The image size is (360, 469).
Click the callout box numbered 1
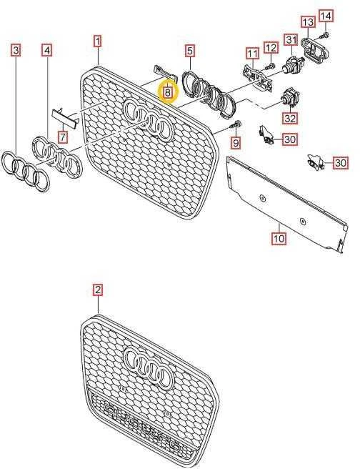pos(98,41)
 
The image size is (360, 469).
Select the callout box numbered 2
pos(98,290)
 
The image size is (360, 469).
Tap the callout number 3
pos(16,50)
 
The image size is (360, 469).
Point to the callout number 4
pos(47,50)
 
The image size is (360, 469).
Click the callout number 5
pos(190,51)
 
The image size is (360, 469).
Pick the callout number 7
pos(63,137)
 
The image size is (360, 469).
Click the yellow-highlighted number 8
pos(168,92)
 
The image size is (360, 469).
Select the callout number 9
pos(236,143)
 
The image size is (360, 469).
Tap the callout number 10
pos(279,238)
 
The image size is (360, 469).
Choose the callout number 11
pos(253,54)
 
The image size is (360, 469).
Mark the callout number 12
pos(271,48)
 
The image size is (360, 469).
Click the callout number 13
pos(308,22)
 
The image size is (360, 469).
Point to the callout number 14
pos(326,16)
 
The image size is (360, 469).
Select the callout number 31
pos(291,40)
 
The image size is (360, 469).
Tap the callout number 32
pos(290,119)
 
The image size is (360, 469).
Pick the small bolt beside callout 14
pos(324,36)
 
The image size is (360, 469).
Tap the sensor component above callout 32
pos(290,97)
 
